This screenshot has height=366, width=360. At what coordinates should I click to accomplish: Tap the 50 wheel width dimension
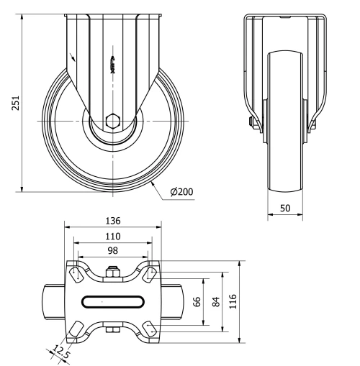point(285,209)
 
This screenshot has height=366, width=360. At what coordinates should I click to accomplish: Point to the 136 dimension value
point(112,221)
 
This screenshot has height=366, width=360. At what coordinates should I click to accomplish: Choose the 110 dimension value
point(112,236)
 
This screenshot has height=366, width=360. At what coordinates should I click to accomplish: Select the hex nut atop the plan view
point(112,273)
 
